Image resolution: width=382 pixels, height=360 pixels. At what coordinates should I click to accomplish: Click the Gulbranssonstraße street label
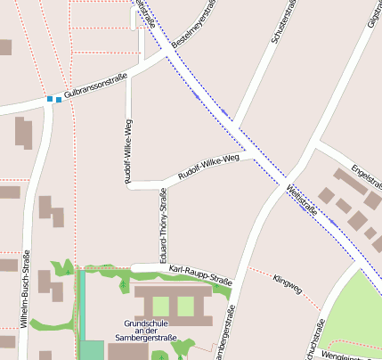96,86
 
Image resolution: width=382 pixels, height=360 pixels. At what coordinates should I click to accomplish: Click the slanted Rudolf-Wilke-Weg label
209,167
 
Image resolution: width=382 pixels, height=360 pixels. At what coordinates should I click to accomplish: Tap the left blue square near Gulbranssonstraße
49,99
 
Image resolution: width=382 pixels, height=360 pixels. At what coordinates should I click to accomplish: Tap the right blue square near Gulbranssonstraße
59,100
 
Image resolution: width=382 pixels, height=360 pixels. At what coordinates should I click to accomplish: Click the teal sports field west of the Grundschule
91,349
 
